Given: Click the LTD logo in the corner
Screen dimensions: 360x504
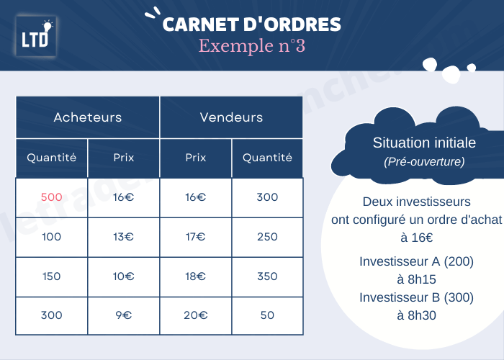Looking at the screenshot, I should [x=36, y=36].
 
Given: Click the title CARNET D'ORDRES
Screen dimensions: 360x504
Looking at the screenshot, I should [x=251, y=24].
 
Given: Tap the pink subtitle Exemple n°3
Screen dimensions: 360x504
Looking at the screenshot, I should [x=251, y=46].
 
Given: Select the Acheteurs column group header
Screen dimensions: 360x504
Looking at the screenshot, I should [x=88, y=117].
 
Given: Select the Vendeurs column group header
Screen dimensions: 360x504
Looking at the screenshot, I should [x=231, y=117].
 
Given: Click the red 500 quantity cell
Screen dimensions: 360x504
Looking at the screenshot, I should [x=52, y=197].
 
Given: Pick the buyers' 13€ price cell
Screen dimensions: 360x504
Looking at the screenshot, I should [x=124, y=237].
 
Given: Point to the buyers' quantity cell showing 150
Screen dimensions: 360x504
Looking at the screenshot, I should [x=52, y=276].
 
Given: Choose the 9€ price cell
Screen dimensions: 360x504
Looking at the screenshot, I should [x=124, y=315].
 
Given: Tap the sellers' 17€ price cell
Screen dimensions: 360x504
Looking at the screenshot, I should [x=196, y=237].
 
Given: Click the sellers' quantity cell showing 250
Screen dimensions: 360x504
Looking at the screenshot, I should [x=267, y=237].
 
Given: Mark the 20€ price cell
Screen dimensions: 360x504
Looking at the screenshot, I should [x=196, y=315].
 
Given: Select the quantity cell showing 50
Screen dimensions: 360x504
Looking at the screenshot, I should [x=267, y=315].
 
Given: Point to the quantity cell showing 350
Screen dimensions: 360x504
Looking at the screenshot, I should [x=267, y=276].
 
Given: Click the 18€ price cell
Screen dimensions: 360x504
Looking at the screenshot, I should [x=196, y=276].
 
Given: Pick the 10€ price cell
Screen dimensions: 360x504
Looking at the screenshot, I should [x=124, y=276].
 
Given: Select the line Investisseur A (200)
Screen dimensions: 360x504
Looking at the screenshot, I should [x=416, y=261].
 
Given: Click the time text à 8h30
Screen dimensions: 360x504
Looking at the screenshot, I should [x=416, y=315].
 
